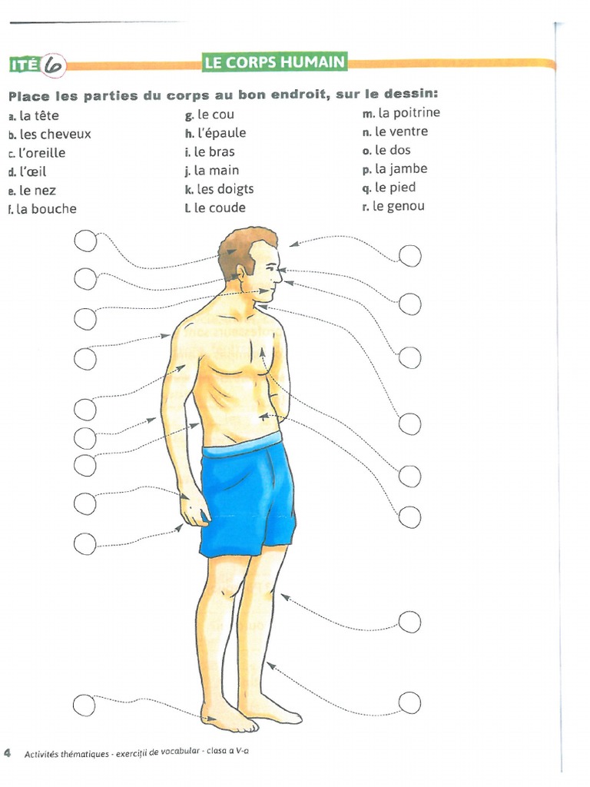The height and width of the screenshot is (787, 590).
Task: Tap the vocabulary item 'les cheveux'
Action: (55, 134)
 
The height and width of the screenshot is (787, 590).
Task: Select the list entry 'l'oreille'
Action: (43, 153)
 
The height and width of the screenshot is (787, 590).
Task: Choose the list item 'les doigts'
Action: (225, 189)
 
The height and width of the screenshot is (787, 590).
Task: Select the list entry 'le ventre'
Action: (402, 131)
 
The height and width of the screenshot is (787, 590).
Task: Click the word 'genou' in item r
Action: (407, 206)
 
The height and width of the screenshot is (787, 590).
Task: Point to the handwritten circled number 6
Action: (54, 65)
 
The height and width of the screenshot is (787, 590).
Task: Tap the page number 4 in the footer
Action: (8, 752)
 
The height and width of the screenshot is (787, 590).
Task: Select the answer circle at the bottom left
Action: (85, 703)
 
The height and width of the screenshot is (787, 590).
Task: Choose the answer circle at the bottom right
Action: (409, 702)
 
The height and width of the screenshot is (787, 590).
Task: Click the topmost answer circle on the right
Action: (409, 256)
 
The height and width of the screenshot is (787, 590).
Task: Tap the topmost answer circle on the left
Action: (85, 241)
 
